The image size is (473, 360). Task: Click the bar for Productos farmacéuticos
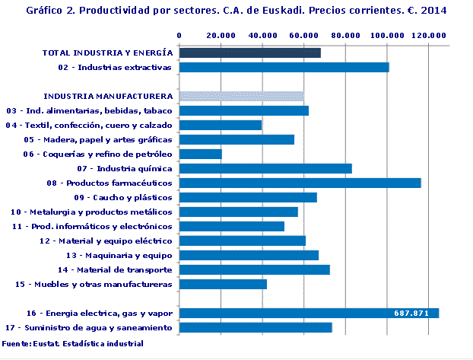click(300, 183)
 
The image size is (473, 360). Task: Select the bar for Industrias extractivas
click(284, 67)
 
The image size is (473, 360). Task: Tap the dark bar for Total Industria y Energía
click(249, 53)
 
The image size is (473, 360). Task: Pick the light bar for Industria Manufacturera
click(241, 96)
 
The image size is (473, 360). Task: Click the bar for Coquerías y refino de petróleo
click(200, 154)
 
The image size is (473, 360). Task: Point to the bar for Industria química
click(265, 168)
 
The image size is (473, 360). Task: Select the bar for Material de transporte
click(254, 269)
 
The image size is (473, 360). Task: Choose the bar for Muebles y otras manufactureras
click(223, 284)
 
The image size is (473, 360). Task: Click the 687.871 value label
click(412, 313)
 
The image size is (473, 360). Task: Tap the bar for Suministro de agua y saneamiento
click(256, 327)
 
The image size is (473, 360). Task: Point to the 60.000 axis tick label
click(303, 35)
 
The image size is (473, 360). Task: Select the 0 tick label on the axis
click(179, 35)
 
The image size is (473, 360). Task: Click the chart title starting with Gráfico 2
click(236, 11)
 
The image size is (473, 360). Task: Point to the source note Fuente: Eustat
click(72, 344)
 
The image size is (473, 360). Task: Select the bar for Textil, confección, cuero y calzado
click(221, 125)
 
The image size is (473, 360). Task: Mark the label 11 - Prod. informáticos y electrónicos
click(92, 226)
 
